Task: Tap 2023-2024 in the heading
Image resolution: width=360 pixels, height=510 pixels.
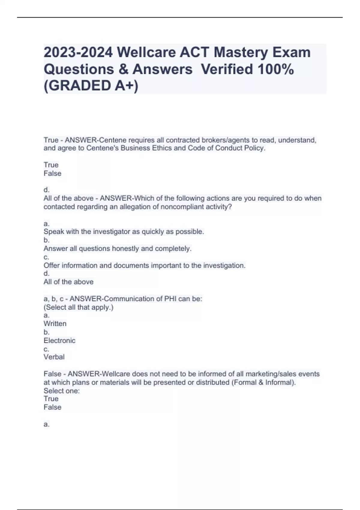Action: tap(78, 52)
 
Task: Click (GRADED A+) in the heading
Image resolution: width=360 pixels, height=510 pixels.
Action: tap(91, 86)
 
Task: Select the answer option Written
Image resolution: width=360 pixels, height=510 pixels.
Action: tap(55, 324)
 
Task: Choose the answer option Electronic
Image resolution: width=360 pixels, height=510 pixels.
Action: tap(59, 340)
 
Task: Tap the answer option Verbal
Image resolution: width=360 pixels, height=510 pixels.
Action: tap(54, 357)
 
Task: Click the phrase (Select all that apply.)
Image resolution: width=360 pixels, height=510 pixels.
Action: tap(78, 307)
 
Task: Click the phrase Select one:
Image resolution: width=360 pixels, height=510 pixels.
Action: tap(61, 391)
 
